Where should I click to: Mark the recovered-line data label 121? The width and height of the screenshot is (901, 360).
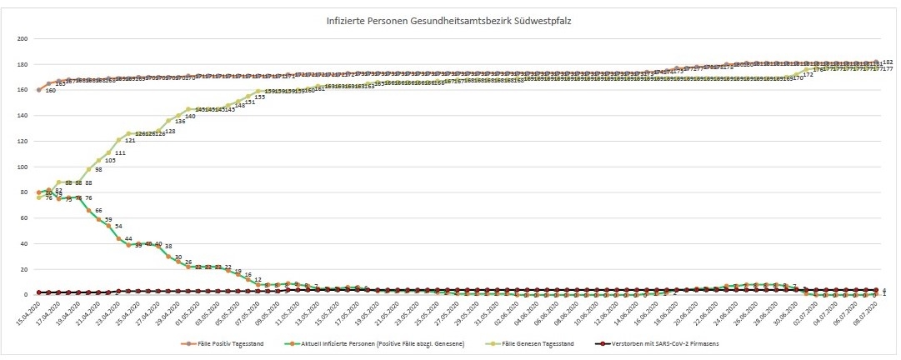coord(130,141)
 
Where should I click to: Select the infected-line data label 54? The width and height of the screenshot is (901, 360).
coord(118,226)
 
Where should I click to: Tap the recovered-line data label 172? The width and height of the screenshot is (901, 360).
coord(807,76)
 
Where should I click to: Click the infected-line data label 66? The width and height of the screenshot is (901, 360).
coord(98,211)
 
